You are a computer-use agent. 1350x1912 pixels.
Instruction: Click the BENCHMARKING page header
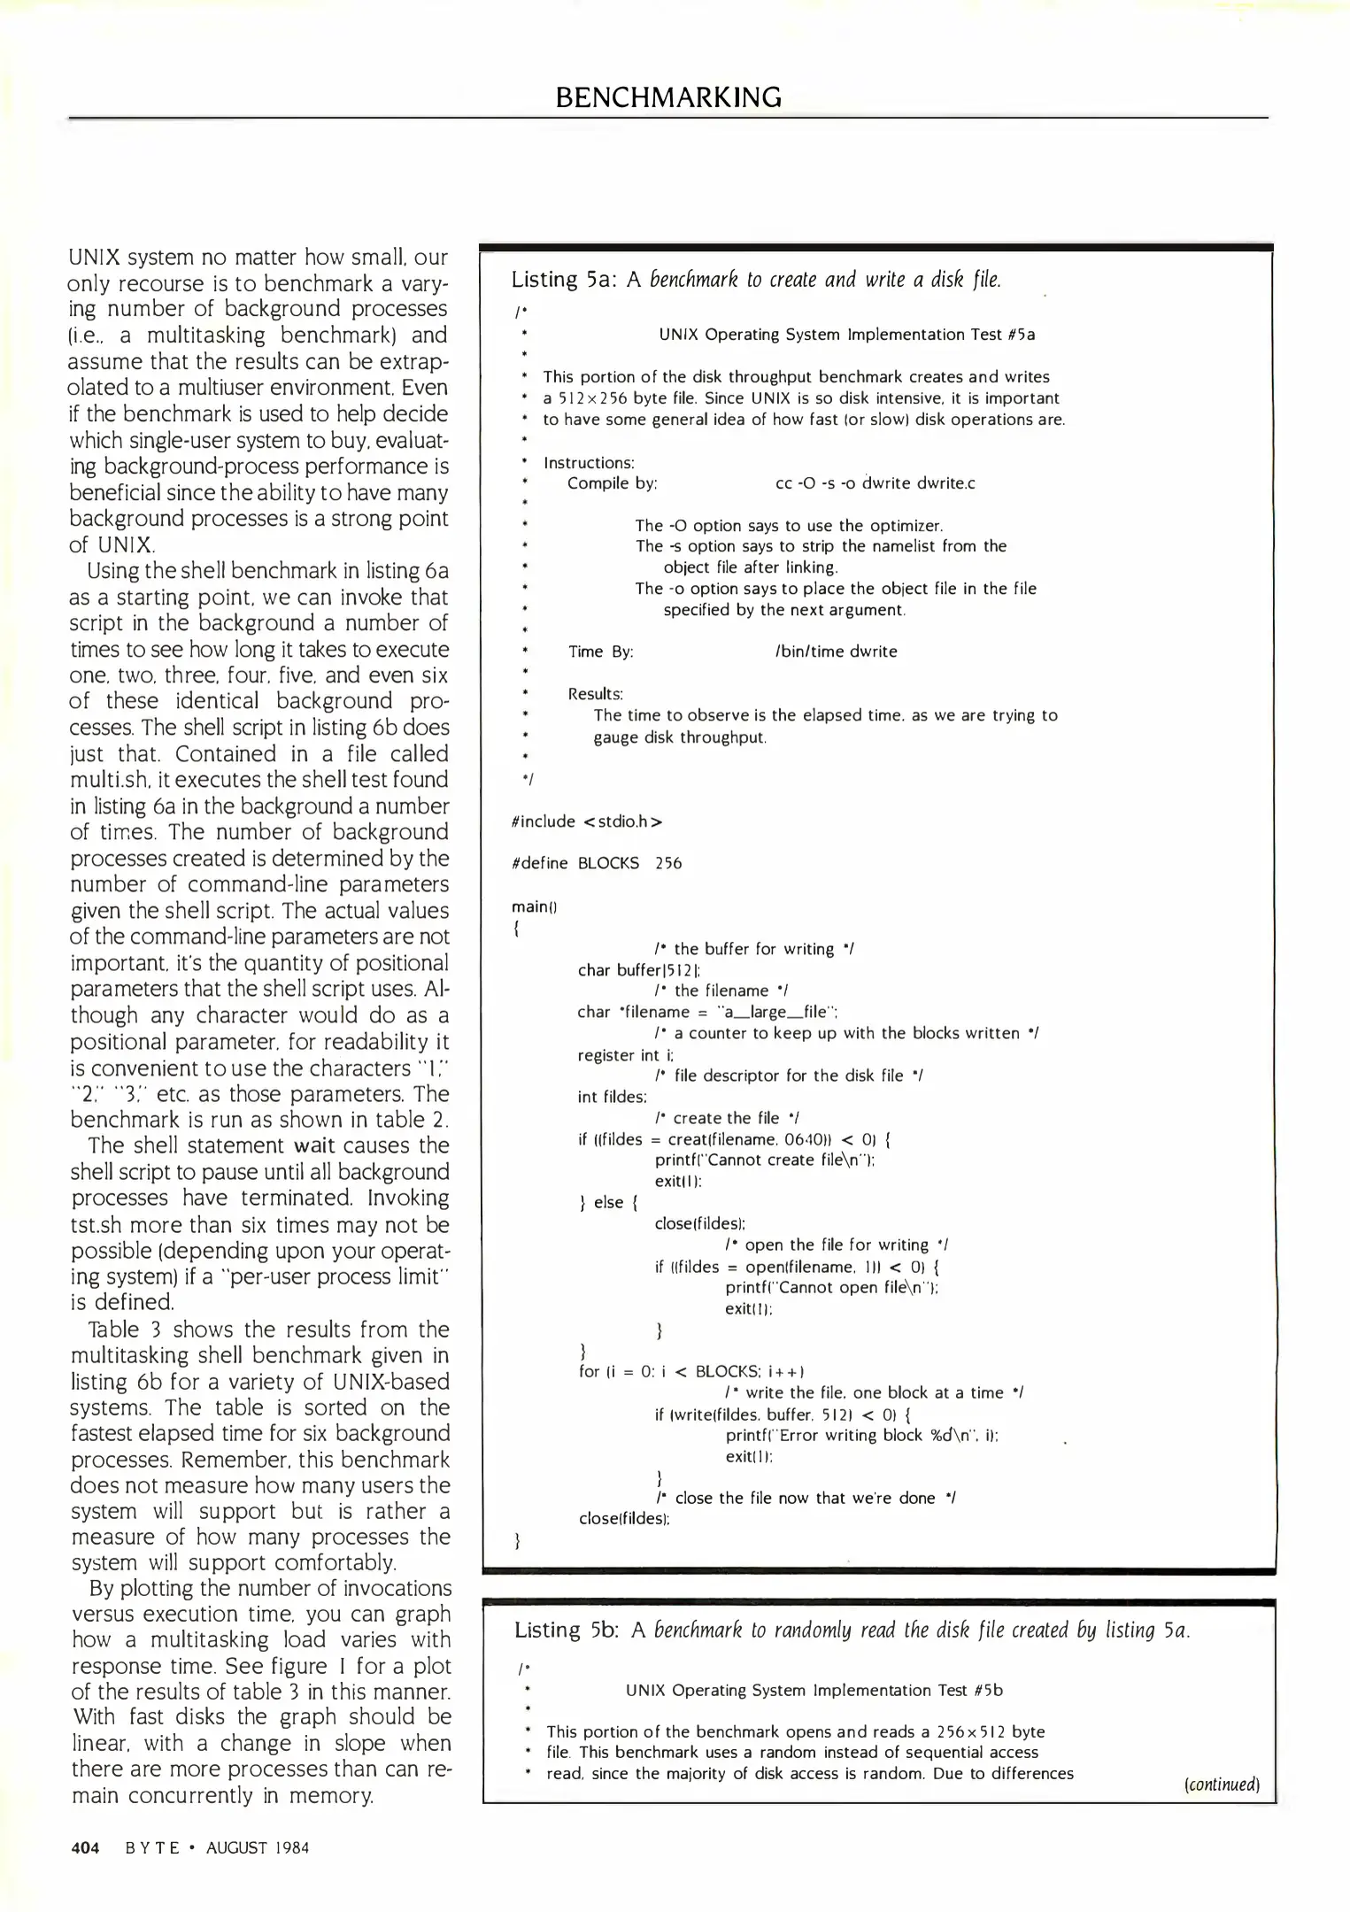(668, 96)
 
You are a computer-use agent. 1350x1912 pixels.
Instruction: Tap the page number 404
(85, 1847)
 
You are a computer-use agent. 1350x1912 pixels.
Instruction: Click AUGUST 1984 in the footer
(258, 1847)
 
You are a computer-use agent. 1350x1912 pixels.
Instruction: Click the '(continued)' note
(1220, 1784)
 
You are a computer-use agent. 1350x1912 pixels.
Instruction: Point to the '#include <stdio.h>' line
(587, 821)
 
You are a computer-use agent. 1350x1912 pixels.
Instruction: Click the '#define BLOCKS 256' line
(597, 863)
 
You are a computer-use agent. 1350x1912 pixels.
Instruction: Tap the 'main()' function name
(533, 906)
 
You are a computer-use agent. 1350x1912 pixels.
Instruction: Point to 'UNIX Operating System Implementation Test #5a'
(846, 335)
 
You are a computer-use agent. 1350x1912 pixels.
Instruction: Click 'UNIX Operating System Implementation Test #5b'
(814, 1690)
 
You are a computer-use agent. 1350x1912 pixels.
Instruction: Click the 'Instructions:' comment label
(589, 463)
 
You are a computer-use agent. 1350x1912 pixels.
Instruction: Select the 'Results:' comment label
(596, 694)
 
